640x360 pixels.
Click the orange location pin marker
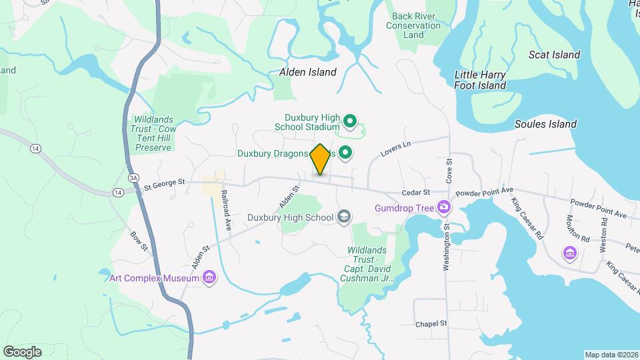tap(320, 159)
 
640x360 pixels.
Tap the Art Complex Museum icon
tap(209, 277)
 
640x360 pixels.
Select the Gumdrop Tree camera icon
tap(443, 207)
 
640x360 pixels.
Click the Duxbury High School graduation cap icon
tap(344, 217)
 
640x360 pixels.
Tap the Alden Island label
tap(307, 71)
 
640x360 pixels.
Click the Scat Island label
tap(554, 55)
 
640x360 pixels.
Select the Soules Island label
tap(545, 124)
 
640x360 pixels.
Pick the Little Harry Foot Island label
tap(480, 80)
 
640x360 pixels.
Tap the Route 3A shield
tap(133, 178)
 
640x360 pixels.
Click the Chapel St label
tap(431, 324)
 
